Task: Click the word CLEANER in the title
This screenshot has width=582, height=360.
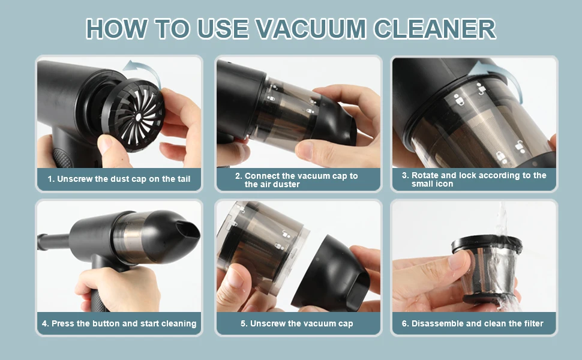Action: (437, 28)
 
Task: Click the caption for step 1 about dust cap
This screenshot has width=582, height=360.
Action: (119, 179)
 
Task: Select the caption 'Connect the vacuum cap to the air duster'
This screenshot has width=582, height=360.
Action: (296, 180)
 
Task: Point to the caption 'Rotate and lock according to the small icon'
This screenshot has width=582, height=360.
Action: (474, 180)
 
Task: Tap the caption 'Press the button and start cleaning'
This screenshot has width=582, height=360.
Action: (119, 323)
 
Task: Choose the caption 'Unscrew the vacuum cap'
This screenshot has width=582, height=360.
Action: (296, 323)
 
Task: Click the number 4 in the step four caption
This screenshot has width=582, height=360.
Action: (45, 323)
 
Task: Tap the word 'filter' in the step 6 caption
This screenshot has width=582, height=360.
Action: (532, 323)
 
